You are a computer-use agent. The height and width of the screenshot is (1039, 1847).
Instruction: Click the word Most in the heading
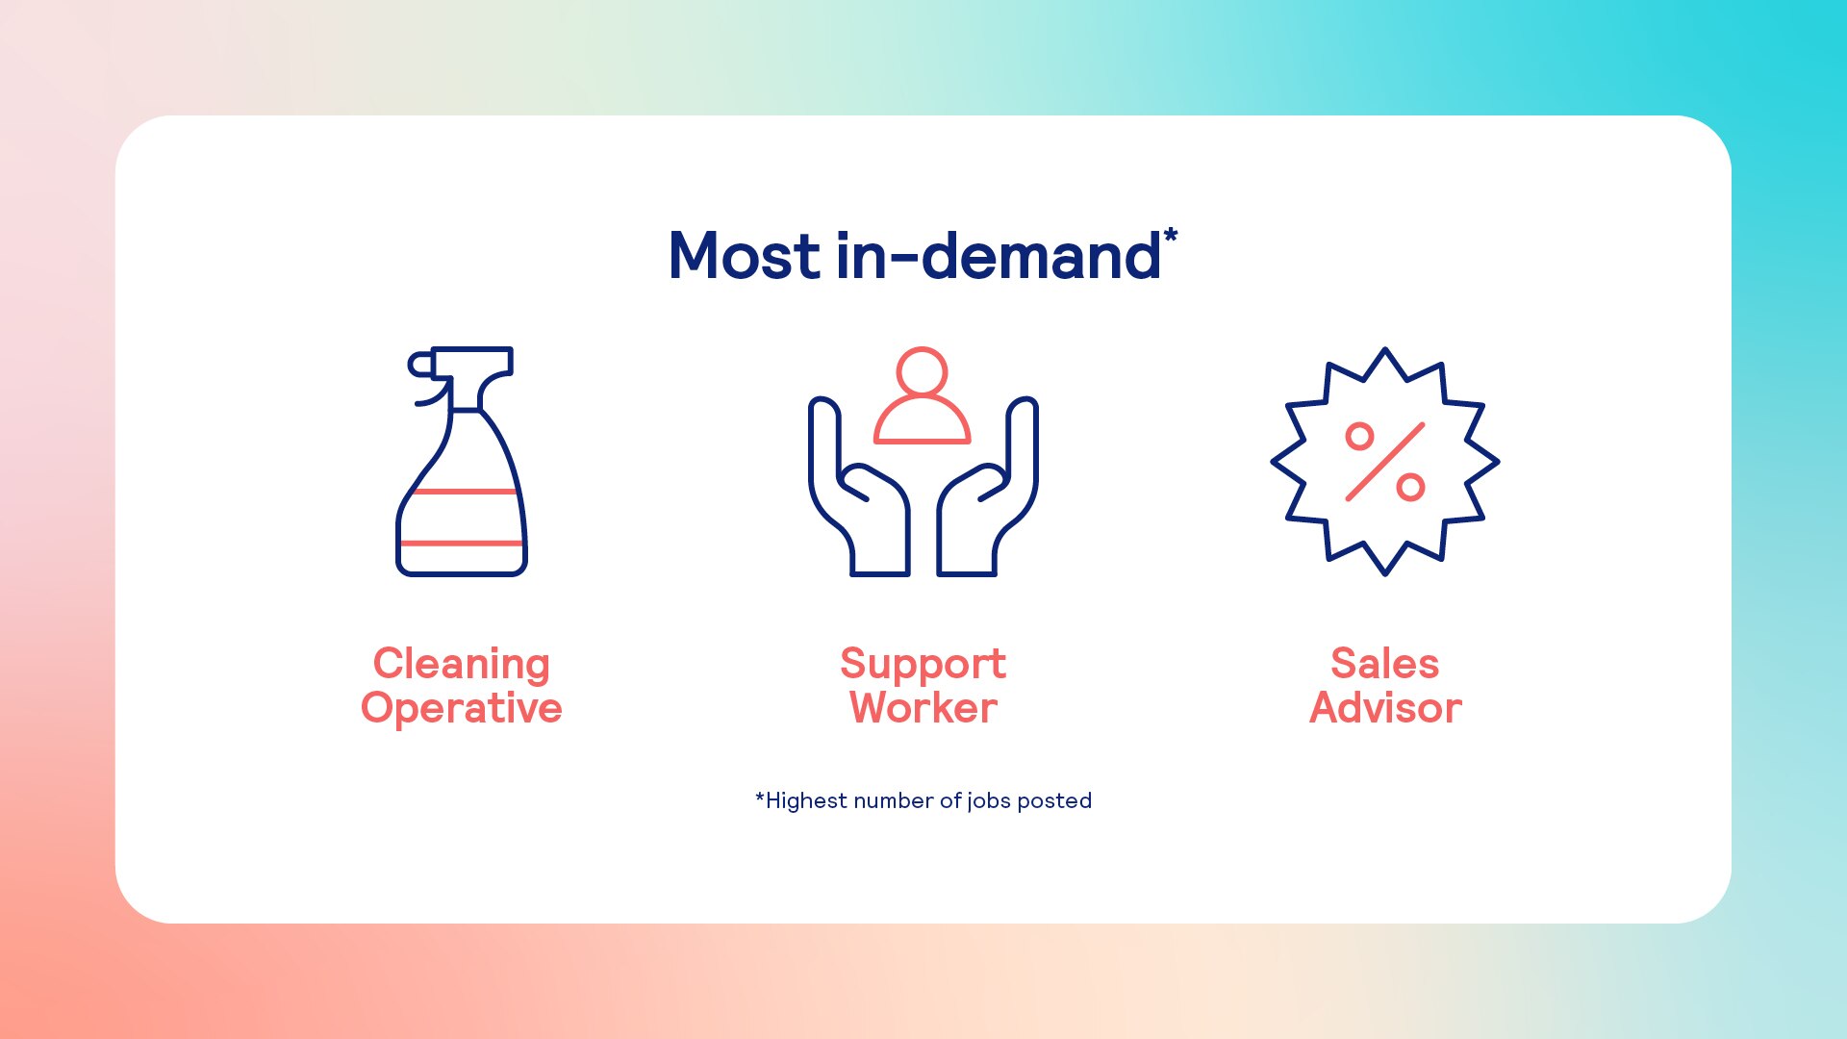(745, 257)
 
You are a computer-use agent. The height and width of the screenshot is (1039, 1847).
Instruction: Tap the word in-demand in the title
(999, 256)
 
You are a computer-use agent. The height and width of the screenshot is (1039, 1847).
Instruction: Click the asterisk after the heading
(1171, 235)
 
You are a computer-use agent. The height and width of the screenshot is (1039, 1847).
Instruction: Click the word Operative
(462, 709)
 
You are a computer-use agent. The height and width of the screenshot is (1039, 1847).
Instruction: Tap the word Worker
(923, 708)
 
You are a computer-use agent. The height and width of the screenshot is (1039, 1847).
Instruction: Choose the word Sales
(1385, 664)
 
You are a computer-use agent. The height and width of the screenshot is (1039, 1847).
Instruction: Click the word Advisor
(1385, 708)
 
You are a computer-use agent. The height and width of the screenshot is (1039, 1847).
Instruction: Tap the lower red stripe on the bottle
(462, 544)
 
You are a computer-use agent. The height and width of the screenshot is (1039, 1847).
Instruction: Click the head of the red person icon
(922, 371)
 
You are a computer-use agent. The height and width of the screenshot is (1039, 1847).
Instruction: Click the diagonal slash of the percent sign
(1385, 462)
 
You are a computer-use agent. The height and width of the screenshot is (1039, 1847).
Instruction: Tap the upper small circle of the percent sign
(1359, 437)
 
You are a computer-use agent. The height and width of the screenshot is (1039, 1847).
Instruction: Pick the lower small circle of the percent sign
(1410, 488)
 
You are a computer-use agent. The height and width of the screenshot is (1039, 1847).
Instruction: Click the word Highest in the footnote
(806, 801)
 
